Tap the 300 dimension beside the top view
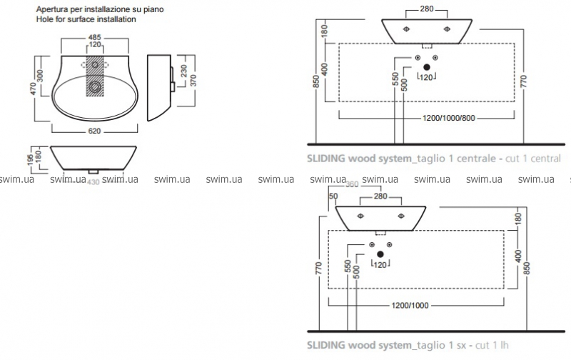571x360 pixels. pyautogui.click(x=51, y=74)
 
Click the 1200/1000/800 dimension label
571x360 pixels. pyautogui.click(x=428, y=117)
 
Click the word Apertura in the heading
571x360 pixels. pyautogui.click(x=51, y=9)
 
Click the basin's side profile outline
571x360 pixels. pyautogui.click(x=160, y=88)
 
